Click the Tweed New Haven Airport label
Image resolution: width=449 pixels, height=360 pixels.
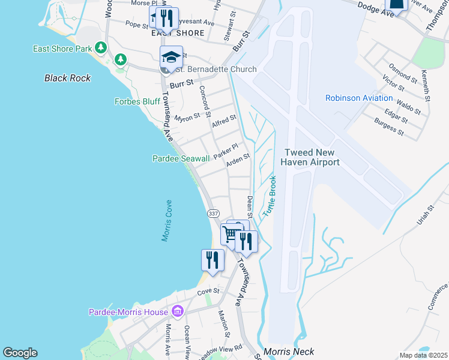click(x=312, y=158)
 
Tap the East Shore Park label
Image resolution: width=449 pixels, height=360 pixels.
click(x=62, y=48)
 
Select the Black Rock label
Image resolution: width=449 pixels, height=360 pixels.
click(x=67, y=78)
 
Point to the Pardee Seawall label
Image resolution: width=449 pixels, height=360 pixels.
click(x=181, y=158)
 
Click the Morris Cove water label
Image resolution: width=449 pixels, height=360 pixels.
click(x=167, y=221)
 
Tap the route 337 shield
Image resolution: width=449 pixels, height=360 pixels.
click(x=213, y=214)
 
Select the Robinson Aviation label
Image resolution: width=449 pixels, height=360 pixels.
click(x=359, y=98)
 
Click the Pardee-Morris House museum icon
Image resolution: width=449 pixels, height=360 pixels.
click(x=177, y=311)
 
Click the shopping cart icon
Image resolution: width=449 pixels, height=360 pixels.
click(x=231, y=234)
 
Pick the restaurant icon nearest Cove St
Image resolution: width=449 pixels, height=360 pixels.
click(x=212, y=260)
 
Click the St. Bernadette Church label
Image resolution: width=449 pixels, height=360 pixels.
click(x=215, y=70)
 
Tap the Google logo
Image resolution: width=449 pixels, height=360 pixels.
click(x=20, y=353)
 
